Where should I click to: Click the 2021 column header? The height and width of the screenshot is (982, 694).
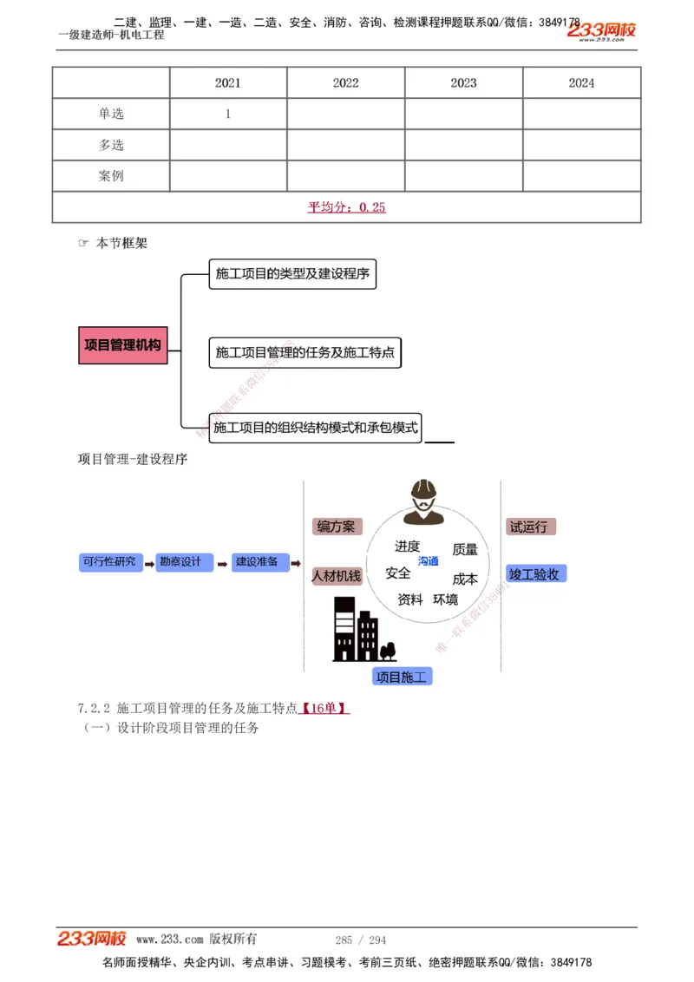pyautogui.click(x=228, y=83)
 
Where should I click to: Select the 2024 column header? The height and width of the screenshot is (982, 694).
pyautogui.click(x=581, y=83)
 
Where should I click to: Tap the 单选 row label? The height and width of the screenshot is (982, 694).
pyautogui.click(x=111, y=114)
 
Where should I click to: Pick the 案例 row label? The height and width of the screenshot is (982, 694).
pyautogui.click(x=111, y=176)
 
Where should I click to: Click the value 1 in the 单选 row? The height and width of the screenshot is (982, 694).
pyautogui.click(x=228, y=114)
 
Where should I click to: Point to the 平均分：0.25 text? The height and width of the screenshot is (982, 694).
pyautogui.click(x=346, y=206)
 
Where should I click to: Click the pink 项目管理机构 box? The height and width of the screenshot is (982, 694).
pyautogui.click(x=122, y=345)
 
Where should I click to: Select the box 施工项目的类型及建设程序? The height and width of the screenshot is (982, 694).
pyautogui.click(x=292, y=274)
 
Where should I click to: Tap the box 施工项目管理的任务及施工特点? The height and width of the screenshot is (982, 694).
pyautogui.click(x=304, y=352)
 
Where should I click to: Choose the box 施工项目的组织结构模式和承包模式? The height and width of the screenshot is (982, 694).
pyautogui.click(x=315, y=428)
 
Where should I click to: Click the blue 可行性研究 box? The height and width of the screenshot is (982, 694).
pyautogui.click(x=109, y=562)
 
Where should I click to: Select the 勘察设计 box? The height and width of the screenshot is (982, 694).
pyautogui.click(x=180, y=562)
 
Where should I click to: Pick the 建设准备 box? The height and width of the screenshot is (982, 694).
pyautogui.click(x=257, y=562)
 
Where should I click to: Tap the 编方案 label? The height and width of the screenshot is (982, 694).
pyautogui.click(x=336, y=527)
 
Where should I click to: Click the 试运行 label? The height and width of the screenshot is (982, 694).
pyautogui.click(x=528, y=527)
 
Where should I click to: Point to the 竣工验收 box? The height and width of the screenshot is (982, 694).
pyautogui.click(x=536, y=573)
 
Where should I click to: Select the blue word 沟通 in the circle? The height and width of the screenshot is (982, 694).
pyautogui.click(x=429, y=561)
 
